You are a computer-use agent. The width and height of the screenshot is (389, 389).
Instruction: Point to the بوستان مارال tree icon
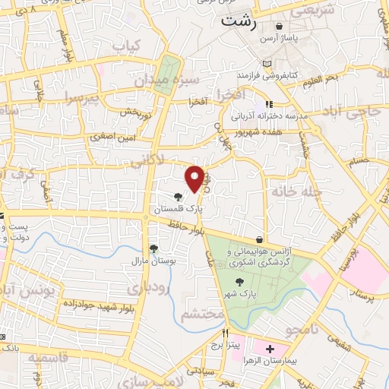(153, 248)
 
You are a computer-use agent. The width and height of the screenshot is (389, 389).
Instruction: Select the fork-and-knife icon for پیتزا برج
(225, 333)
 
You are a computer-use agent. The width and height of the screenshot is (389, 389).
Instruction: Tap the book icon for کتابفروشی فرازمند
(265, 63)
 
